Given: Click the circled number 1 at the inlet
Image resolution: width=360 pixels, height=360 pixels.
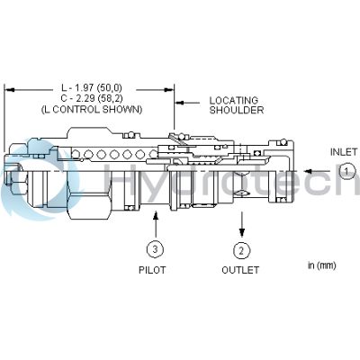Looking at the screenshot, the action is click(x=348, y=171).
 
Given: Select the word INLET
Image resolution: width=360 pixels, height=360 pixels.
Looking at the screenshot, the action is click(x=345, y=152).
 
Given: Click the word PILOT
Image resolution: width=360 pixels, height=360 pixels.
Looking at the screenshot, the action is click(x=154, y=270).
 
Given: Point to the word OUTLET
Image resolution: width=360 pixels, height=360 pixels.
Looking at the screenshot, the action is click(x=240, y=270).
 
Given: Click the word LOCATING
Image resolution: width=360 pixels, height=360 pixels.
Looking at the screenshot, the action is click(x=235, y=100).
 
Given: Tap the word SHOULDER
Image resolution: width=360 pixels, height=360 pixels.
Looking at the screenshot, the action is click(x=236, y=111).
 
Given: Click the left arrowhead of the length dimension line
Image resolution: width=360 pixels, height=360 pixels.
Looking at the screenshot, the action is click(x=9, y=88).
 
